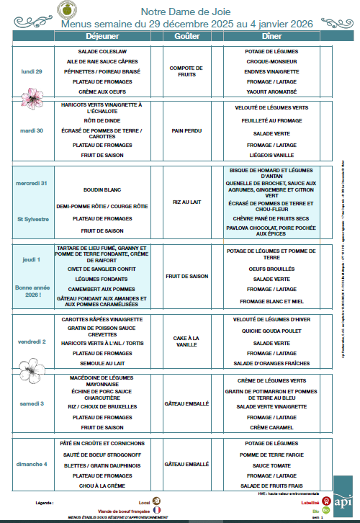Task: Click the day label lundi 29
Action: click(x=32, y=72)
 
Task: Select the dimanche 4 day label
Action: click(x=32, y=464)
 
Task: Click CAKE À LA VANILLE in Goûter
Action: click(x=187, y=341)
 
